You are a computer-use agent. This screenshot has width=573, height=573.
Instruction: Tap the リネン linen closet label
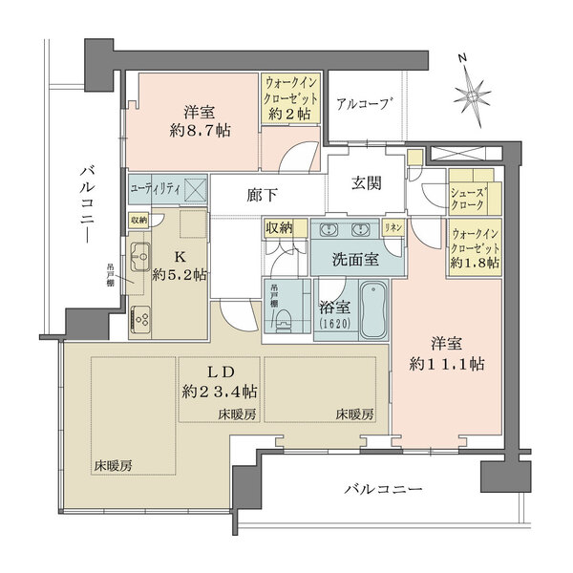pos(392,229)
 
